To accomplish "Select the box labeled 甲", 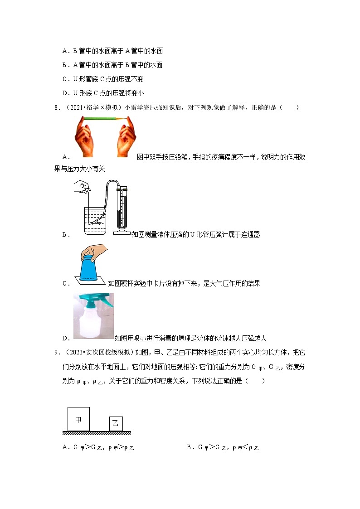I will point(78,419).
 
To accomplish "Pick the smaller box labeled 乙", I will point(116,424).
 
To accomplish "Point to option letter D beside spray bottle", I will point(64,338).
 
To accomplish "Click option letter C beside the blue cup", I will point(64,284).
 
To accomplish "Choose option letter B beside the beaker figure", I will point(64,234).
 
